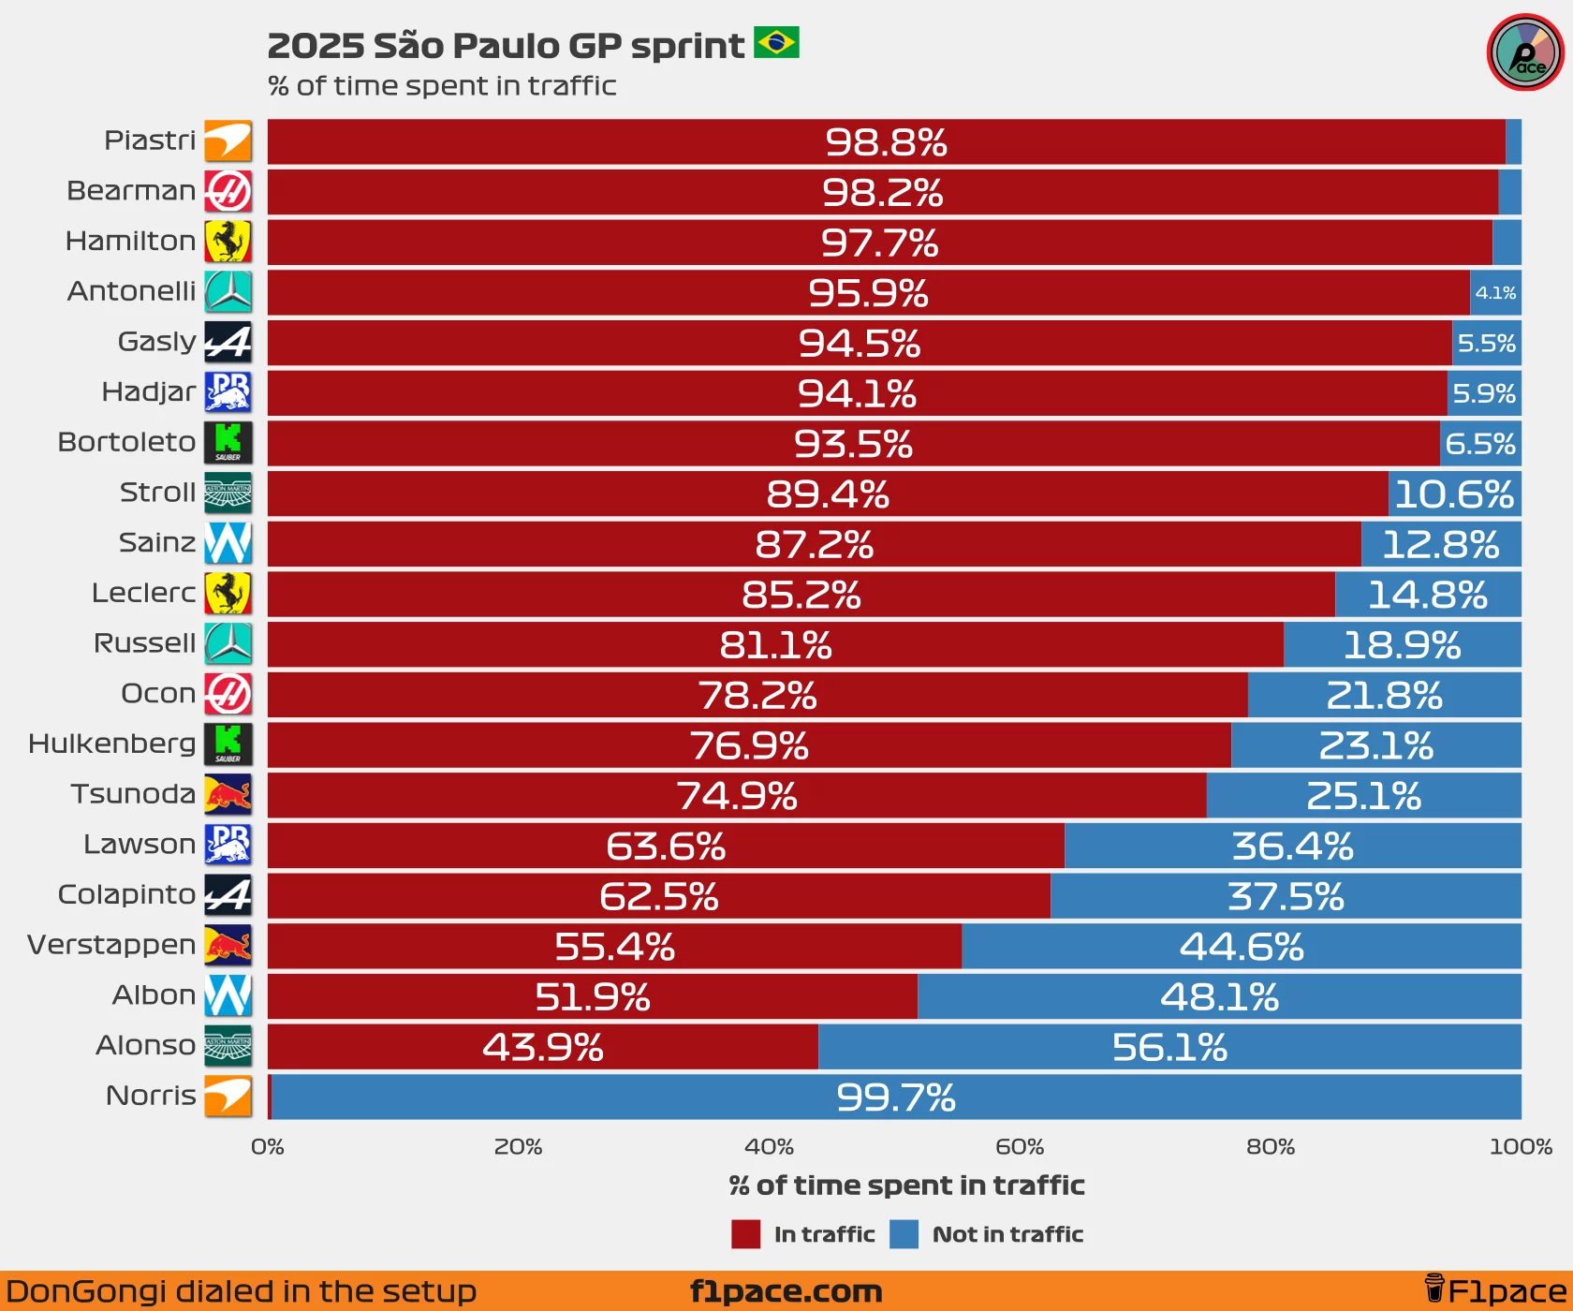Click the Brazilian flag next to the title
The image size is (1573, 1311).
click(x=776, y=43)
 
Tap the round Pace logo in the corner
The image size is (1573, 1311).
click(x=1525, y=52)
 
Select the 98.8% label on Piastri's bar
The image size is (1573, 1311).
click(x=886, y=142)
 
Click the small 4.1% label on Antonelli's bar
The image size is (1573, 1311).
click(x=1495, y=293)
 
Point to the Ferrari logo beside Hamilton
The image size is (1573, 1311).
click(x=228, y=242)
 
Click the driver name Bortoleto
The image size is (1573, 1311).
click(x=126, y=442)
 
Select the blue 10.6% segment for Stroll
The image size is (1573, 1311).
click(x=1454, y=494)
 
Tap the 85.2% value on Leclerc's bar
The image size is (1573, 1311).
click(x=801, y=595)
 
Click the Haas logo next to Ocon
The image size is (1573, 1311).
click(x=228, y=694)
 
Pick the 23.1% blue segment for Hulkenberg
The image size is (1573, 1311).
click(x=1375, y=746)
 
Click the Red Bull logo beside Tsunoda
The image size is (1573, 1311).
click(x=228, y=795)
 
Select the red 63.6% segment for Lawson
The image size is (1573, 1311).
click(x=666, y=847)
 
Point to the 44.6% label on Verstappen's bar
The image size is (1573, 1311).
click(x=1241, y=947)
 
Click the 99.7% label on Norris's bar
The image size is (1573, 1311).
click(x=895, y=1097)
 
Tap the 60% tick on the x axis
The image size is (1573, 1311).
click(x=1020, y=1147)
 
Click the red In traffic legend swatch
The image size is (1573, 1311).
click(x=745, y=1234)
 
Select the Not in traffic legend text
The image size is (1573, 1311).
click(x=1007, y=1234)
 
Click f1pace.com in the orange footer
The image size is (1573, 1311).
click(x=786, y=1291)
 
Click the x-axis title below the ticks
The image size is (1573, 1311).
click(x=906, y=1186)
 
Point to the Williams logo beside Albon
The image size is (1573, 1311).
click(x=228, y=995)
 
